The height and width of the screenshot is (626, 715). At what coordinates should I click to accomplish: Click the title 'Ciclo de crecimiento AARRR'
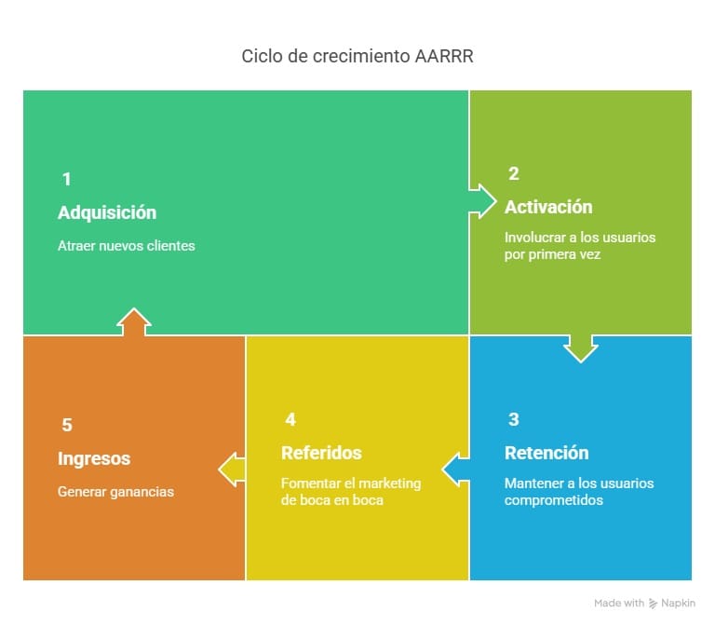tap(357, 56)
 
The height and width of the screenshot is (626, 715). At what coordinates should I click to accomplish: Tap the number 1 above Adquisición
tap(67, 179)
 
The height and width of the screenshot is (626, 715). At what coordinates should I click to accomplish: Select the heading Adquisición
tap(107, 212)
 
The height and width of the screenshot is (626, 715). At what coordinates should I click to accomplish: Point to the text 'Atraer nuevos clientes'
tap(127, 246)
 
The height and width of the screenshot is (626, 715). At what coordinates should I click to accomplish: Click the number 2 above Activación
tap(514, 173)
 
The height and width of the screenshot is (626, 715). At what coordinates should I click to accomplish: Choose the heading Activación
tap(548, 207)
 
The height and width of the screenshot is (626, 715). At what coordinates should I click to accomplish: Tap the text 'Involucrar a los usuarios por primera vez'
tap(580, 246)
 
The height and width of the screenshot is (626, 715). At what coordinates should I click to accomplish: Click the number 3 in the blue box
tap(514, 419)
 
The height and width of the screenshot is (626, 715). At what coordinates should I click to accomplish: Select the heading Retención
tap(546, 453)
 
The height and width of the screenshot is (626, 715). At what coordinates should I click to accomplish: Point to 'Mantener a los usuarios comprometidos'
tap(579, 492)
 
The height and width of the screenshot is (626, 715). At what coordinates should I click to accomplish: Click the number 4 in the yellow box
tap(290, 419)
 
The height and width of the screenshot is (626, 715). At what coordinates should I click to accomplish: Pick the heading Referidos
tap(321, 453)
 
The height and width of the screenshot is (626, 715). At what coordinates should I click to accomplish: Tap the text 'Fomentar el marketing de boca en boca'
tap(351, 492)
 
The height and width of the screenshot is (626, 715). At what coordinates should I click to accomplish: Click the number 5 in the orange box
tap(67, 425)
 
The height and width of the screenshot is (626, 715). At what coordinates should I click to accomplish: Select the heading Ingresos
tap(94, 458)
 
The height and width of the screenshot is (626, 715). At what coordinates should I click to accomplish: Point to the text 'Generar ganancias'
tap(115, 492)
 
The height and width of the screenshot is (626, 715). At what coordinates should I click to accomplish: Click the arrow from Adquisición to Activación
tap(482, 201)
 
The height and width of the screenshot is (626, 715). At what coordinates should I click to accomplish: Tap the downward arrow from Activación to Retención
tap(581, 349)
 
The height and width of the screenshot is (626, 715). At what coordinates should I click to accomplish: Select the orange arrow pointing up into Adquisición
tap(134, 321)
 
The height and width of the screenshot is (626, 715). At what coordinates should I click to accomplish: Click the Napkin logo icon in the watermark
tap(653, 604)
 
